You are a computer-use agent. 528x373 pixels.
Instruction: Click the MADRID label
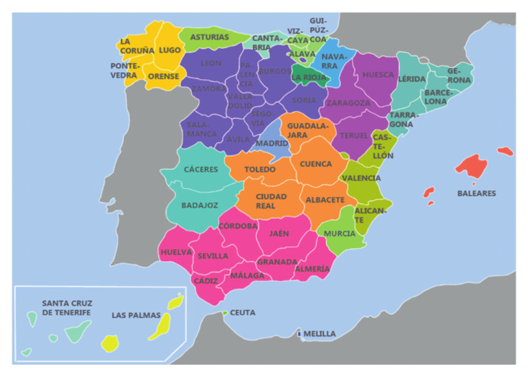[272, 144]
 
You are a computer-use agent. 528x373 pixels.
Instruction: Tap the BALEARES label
[476, 194]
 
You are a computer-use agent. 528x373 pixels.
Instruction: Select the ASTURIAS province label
[210, 37]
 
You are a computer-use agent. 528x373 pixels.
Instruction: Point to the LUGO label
[170, 50]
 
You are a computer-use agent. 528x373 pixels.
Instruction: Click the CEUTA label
[242, 313]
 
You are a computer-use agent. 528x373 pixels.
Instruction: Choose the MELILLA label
[320, 334]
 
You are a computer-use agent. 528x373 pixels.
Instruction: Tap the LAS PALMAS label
[136, 316]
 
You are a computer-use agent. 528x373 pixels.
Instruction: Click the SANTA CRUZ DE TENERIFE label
[67, 308]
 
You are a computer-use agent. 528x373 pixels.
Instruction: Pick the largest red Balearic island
[471, 166]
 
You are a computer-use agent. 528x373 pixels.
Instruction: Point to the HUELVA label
[176, 252]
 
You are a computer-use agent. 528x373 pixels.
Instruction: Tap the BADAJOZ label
[199, 205]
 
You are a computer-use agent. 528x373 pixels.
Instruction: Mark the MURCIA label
[340, 234]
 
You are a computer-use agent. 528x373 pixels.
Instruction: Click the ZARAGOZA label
[348, 103]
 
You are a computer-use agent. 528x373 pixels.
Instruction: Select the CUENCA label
[316, 164]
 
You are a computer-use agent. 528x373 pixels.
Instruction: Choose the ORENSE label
[164, 76]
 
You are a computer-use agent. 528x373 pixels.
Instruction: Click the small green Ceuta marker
[225, 313]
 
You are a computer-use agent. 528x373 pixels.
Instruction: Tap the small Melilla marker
[299, 335]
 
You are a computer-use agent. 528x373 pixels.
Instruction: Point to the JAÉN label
[278, 234]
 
